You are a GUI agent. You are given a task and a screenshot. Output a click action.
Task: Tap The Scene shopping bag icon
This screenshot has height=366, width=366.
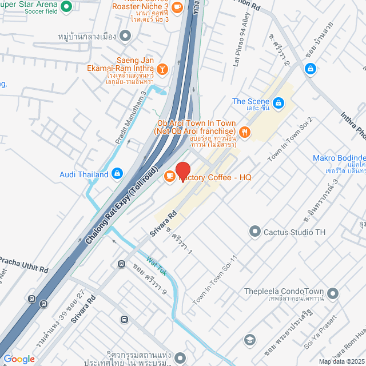[278, 103]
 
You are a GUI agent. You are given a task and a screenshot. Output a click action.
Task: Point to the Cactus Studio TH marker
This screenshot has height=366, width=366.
[254, 232]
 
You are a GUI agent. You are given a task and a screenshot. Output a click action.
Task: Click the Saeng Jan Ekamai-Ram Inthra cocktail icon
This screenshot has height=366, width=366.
[163, 69]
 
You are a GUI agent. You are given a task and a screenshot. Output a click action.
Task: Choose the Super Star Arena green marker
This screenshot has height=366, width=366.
[65, 7]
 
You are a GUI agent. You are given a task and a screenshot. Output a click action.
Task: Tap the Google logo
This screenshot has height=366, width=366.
[18, 359]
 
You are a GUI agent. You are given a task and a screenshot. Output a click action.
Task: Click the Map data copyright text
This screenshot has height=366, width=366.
[341, 361]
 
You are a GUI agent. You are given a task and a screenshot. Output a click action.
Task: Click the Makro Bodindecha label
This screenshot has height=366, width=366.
[339, 158]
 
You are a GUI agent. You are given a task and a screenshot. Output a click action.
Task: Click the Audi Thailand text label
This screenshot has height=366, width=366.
[84, 174]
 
